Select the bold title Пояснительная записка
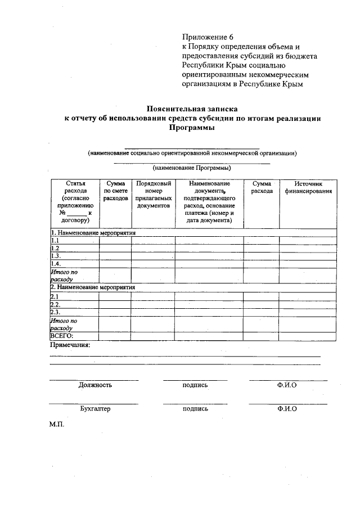(192, 108)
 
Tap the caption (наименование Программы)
(192, 168)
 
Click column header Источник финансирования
(308, 187)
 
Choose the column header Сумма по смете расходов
(115, 191)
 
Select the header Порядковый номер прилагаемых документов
(153, 195)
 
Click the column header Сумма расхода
(262, 187)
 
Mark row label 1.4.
(56, 263)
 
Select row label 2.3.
(56, 312)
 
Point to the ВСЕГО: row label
(62, 336)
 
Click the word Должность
(95, 385)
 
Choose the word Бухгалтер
(96, 409)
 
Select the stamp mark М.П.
(57, 425)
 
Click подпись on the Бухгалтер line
(195, 409)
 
